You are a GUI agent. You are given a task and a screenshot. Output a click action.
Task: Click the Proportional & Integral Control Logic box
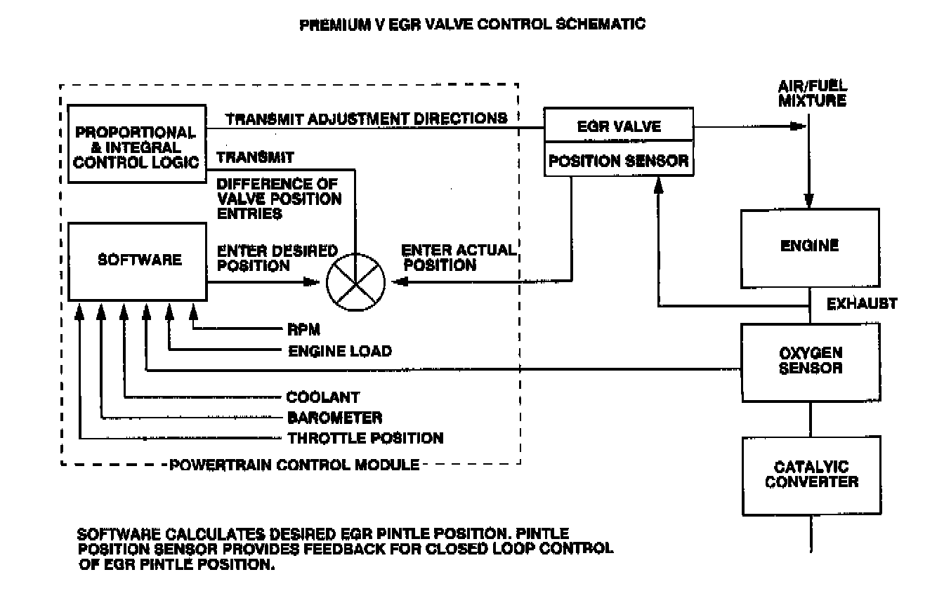click(136, 145)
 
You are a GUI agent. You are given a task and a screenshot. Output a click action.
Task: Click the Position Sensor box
click(619, 161)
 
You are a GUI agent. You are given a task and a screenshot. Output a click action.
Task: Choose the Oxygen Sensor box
click(810, 362)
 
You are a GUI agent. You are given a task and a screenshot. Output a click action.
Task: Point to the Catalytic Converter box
click(810, 474)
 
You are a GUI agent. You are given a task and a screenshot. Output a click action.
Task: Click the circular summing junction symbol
click(357, 283)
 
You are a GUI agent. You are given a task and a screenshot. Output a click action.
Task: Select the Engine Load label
click(339, 351)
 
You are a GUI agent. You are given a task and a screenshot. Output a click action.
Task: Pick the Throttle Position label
click(365, 439)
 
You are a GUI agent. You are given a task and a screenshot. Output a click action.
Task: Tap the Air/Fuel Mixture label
click(812, 93)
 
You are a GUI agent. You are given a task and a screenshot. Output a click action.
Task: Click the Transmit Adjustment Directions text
click(366, 119)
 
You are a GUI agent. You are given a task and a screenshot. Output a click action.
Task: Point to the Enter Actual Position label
click(439, 258)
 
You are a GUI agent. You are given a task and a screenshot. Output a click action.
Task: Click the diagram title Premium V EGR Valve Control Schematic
click(472, 25)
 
